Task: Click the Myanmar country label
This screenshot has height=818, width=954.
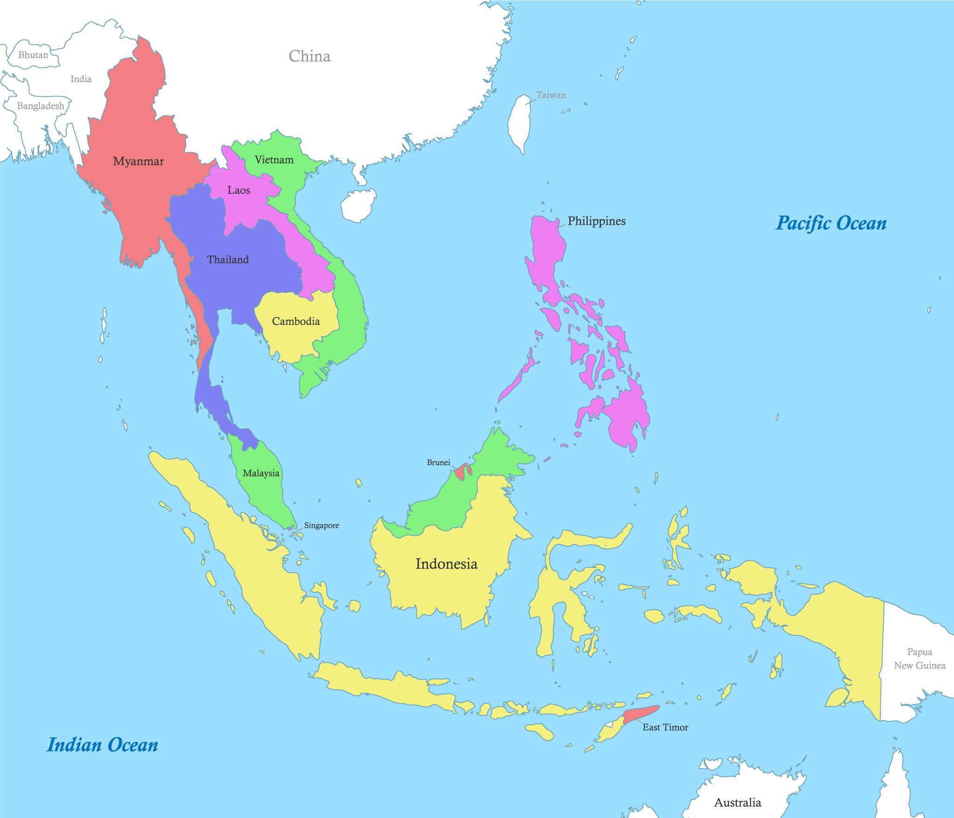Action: point(138,162)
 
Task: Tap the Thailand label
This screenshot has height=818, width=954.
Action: point(228,260)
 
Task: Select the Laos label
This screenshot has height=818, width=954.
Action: point(238,190)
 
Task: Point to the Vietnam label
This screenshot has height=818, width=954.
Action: point(274,160)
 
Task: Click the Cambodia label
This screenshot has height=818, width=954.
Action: point(296,321)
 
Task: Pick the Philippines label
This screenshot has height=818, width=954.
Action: point(596,221)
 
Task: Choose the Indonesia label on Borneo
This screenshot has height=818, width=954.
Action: point(446,564)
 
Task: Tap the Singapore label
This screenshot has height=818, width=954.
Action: point(321,525)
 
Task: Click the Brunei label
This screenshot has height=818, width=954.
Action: point(438,462)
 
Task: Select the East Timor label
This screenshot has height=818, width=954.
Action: point(665,727)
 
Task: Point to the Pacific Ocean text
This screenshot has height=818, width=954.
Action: point(831,223)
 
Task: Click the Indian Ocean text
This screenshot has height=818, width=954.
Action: point(102,745)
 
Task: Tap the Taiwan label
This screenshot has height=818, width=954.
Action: point(551,95)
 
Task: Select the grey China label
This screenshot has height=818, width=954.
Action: point(309,56)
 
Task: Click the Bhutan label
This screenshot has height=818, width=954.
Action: point(33,55)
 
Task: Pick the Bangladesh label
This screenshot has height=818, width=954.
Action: point(41,106)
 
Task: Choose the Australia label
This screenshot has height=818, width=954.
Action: point(737,803)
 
